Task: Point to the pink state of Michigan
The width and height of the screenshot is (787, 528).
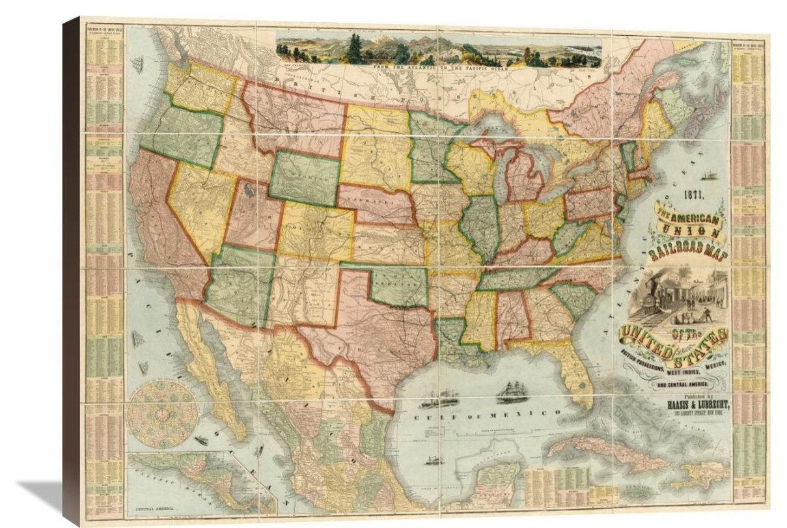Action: (x=525, y=178)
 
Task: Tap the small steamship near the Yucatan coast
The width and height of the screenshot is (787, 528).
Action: (x=432, y=460)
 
